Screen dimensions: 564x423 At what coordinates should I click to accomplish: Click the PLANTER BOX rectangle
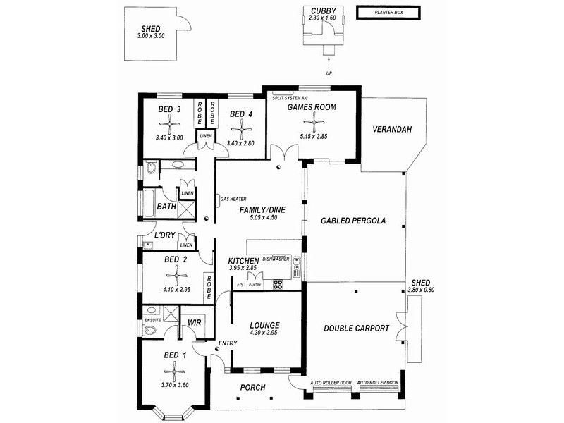click(388, 13)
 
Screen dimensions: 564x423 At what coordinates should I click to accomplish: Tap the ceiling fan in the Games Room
click(314, 122)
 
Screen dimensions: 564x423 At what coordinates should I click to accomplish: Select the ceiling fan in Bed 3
click(169, 125)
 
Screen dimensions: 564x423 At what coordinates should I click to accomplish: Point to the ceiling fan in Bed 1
click(174, 372)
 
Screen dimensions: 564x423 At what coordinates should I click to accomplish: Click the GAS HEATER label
click(233, 199)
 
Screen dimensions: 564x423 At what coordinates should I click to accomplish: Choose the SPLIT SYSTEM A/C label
click(290, 98)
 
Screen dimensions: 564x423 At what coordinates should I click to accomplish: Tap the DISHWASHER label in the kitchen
click(276, 259)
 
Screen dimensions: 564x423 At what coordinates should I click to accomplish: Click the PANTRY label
click(255, 285)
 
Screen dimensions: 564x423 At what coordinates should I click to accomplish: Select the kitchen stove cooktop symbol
click(278, 285)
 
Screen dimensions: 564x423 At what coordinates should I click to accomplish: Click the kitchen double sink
click(297, 267)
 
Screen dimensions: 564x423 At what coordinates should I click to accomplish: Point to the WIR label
click(195, 322)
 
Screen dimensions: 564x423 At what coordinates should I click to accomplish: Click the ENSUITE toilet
click(149, 330)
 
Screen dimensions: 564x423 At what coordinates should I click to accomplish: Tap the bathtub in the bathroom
click(149, 204)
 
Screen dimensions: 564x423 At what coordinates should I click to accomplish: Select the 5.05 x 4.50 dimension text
click(263, 218)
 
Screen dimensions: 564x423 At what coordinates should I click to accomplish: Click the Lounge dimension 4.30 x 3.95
click(264, 333)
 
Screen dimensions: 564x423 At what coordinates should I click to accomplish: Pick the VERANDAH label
click(392, 129)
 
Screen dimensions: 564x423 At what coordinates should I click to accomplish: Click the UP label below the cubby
click(329, 73)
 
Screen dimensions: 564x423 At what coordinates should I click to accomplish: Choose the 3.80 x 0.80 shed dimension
click(421, 290)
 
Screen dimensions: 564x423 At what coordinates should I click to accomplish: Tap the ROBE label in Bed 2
click(209, 288)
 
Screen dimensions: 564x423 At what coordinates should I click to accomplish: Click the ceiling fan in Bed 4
click(241, 130)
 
